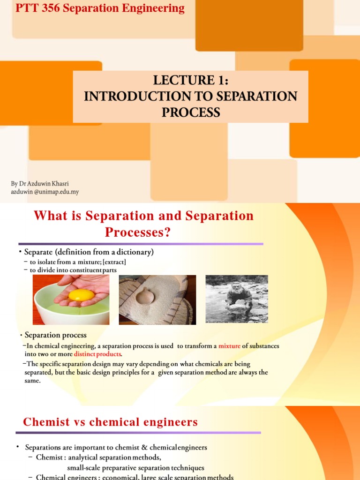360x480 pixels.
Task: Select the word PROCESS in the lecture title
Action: tap(190, 112)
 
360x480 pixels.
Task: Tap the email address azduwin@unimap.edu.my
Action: tap(45, 192)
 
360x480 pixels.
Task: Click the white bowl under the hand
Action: tap(70, 314)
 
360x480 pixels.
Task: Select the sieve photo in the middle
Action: tap(157, 300)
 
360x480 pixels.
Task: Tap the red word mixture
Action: tap(229, 346)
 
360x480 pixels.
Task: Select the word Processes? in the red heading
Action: tap(138, 232)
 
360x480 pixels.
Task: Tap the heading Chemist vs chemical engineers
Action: tap(110, 422)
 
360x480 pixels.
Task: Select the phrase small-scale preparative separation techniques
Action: tap(135, 467)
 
